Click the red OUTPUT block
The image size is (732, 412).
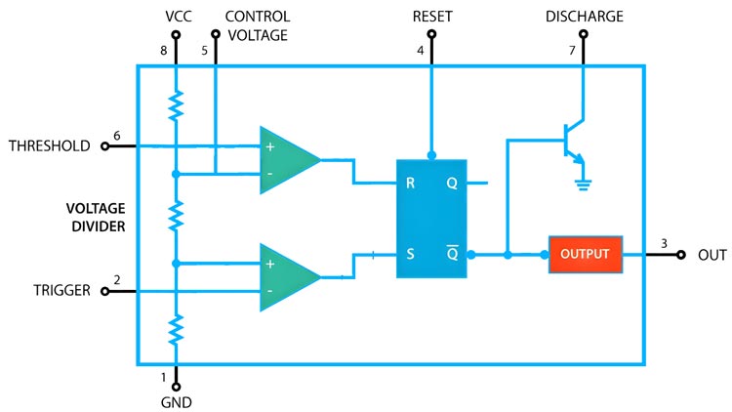pos(585,254)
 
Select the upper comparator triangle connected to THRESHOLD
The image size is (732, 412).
pos(286,159)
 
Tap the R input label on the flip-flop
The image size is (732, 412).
pos(411,183)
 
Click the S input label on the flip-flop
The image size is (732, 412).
pos(411,254)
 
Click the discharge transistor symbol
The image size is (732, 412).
pos(574,141)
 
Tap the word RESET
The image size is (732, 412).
pos(431,17)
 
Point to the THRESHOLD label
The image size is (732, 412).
pos(49,146)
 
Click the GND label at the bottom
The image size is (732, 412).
pos(177,401)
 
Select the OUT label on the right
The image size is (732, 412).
pos(712,255)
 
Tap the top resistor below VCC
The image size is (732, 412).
pos(177,106)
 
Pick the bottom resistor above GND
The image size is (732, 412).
pos(177,330)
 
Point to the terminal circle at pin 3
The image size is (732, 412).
pos(681,255)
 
